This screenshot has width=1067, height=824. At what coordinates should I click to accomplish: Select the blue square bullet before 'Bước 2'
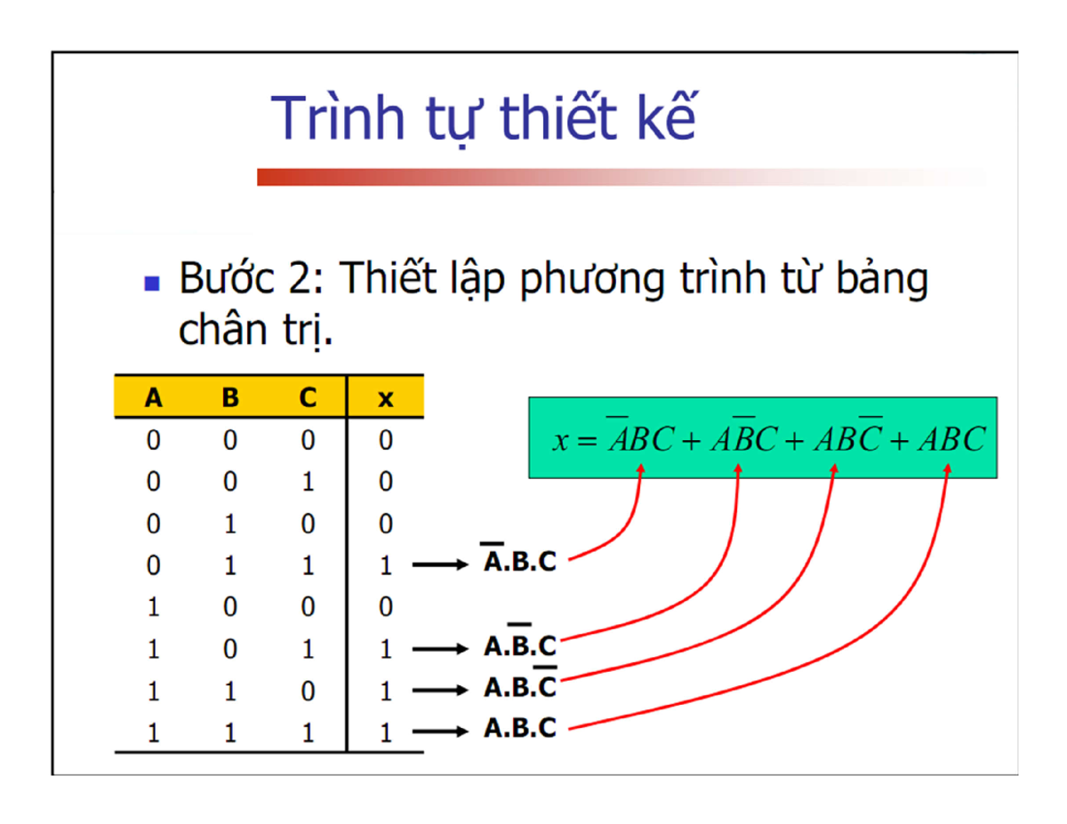point(152,284)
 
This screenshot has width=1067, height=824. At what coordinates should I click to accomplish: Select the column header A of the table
point(154,398)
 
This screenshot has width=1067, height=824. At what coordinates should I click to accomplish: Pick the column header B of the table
point(230,398)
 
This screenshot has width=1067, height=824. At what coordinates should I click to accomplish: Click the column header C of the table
point(308,398)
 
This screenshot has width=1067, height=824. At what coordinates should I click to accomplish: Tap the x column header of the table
point(384,399)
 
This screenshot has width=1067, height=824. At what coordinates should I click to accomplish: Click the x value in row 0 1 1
point(385,564)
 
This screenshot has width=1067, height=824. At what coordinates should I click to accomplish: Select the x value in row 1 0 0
point(385,606)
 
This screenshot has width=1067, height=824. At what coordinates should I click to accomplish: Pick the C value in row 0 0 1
point(308,482)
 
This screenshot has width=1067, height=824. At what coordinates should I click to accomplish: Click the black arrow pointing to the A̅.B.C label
point(441,564)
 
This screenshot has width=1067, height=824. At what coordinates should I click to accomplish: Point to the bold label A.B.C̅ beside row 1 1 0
point(520,686)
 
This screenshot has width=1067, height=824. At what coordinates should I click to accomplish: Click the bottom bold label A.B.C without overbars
point(520,729)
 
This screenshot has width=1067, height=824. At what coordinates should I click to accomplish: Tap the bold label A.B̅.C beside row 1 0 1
point(520,644)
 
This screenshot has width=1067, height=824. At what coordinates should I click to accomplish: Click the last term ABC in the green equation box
point(954,440)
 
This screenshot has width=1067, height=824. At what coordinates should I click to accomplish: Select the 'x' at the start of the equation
point(560,442)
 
